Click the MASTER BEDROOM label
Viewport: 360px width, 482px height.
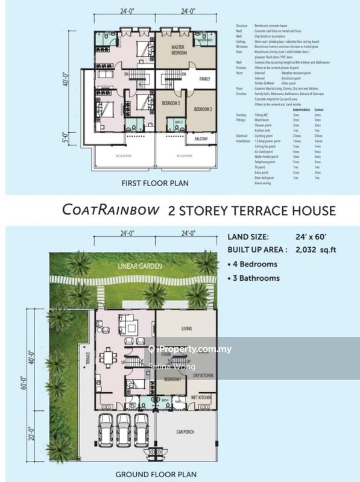point(177,51)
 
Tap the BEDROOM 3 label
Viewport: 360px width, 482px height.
point(172,104)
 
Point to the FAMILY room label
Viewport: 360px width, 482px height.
point(204,79)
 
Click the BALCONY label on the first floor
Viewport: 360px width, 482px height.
point(201,139)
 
